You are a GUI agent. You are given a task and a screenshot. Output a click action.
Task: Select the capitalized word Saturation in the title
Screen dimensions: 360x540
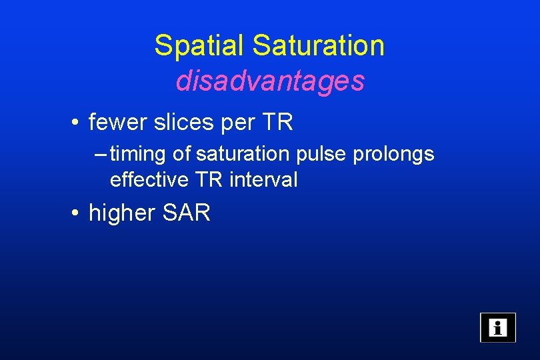click(319, 46)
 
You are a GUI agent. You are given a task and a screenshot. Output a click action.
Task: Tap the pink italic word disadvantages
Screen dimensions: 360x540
click(270, 81)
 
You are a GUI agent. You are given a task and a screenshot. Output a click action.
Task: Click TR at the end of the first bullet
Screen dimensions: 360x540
click(279, 123)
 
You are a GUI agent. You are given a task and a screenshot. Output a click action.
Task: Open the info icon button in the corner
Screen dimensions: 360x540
click(497, 327)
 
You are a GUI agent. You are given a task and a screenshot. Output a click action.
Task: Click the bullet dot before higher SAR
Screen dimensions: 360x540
click(78, 214)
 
